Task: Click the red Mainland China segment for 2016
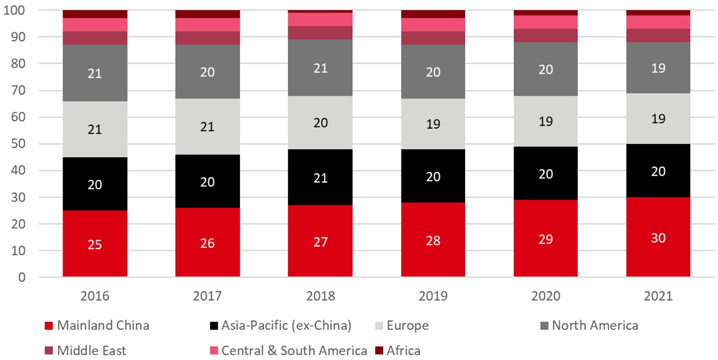point(95,244)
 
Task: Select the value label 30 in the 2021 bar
point(658,238)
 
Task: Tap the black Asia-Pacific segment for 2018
point(320,178)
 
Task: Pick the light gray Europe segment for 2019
point(433,124)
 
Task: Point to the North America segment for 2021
point(658,68)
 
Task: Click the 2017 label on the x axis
point(208,296)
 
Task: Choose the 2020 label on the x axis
point(546,296)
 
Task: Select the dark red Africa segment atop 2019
point(433,14)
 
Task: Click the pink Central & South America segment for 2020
point(546,22)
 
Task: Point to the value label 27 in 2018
point(320,242)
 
